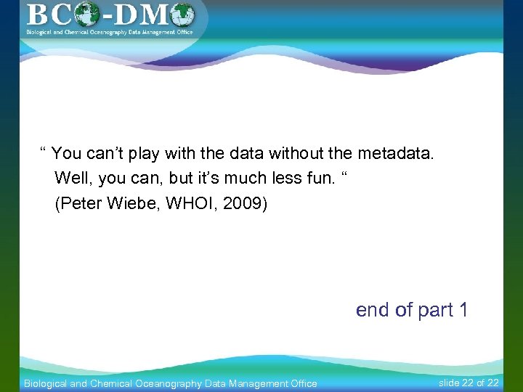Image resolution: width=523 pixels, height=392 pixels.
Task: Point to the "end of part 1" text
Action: [x=412, y=310]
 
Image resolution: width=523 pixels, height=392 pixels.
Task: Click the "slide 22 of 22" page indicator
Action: [x=469, y=383]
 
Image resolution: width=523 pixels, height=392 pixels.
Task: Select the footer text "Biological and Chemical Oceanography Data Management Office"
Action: [x=171, y=383]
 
